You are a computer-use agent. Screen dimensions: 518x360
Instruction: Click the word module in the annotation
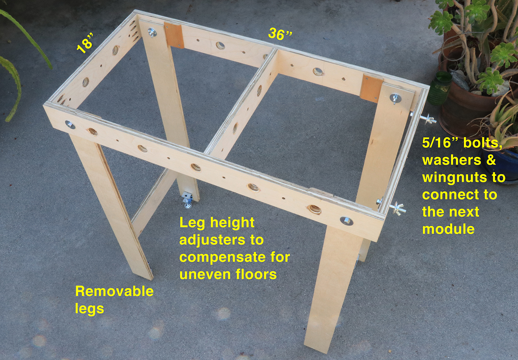tap(448, 229)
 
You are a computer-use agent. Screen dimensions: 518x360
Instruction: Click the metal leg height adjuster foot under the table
tap(187, 199)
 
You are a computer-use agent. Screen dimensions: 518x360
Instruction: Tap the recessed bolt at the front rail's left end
tap(69, 125)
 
